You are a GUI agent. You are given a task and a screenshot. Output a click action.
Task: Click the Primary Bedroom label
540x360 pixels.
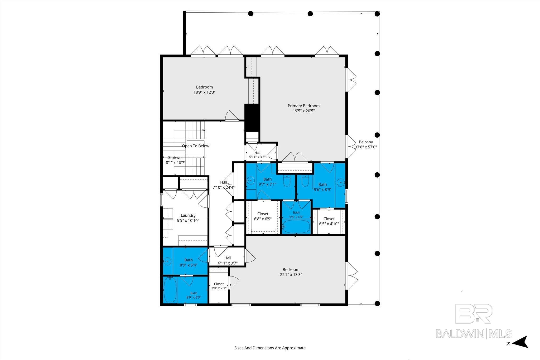click(x=303, y=106)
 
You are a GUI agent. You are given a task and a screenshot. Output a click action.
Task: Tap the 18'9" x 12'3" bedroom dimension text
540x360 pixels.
click(x=205, y=92)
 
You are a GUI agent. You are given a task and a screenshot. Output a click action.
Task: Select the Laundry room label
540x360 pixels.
click(x=188, y=215)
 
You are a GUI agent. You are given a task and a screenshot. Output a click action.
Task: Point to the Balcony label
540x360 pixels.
click(x=366, y=142)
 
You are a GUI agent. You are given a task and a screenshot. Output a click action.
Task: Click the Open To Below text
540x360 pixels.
click(x=196, y=146)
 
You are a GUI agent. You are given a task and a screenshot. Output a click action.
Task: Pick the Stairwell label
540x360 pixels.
click(x=176, y=158)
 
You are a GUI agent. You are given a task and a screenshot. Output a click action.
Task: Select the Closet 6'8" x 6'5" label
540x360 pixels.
click(x=263, y=216)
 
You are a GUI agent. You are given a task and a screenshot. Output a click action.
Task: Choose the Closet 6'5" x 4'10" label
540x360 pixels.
click(x=329, y=221)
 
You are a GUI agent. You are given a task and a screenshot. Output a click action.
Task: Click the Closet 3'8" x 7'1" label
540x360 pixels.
click(x=219, y=286)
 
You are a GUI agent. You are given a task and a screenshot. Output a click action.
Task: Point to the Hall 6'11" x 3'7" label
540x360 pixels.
click(x=228, y=260)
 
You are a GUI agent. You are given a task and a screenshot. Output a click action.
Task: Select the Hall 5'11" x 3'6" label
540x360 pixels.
click(x=257, y=155)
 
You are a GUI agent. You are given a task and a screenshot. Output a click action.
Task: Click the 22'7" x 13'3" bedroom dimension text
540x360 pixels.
click(x=291, y=274)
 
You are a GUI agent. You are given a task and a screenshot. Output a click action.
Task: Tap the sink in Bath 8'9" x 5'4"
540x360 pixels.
click(x=167, y=261)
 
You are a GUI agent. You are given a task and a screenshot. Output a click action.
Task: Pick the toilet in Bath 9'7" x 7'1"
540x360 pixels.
click(x=286, y=181)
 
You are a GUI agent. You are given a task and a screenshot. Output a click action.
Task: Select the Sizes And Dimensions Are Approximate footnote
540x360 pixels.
click(x=270, y=348)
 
